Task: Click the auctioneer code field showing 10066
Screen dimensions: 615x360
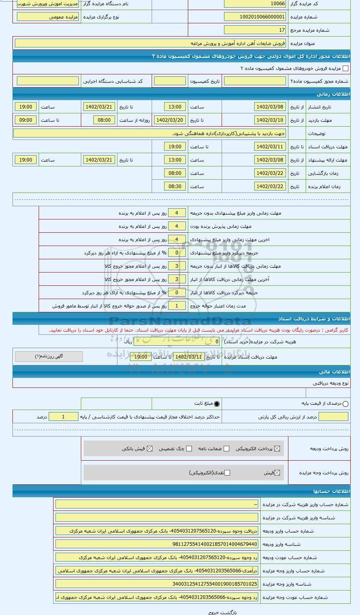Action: coord(255,4)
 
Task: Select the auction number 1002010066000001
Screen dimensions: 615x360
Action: coord(255,17)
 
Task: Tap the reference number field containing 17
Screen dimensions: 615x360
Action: coord(255,30)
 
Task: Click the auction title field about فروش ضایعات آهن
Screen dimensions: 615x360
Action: coord(150,43)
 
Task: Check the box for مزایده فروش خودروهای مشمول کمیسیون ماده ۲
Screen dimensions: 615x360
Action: coord(345,69)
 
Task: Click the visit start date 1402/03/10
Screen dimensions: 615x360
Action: coord(270,120)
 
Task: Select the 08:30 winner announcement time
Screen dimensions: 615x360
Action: coord(175,187)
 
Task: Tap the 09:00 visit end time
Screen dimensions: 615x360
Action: coord(26,120)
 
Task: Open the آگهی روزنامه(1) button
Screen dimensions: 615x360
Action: coord(49,357)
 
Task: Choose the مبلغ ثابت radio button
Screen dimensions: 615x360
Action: coord(217,404)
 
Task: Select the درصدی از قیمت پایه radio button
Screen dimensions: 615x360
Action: coord(345,404)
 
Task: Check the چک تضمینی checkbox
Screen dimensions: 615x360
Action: coord(189,449)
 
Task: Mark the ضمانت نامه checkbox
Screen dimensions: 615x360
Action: coord(226,449)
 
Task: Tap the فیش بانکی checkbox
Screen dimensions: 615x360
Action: coord(150,449)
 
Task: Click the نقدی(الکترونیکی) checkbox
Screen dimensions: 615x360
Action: coord(227,473)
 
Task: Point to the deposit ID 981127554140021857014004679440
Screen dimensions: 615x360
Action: coord(157,544)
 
